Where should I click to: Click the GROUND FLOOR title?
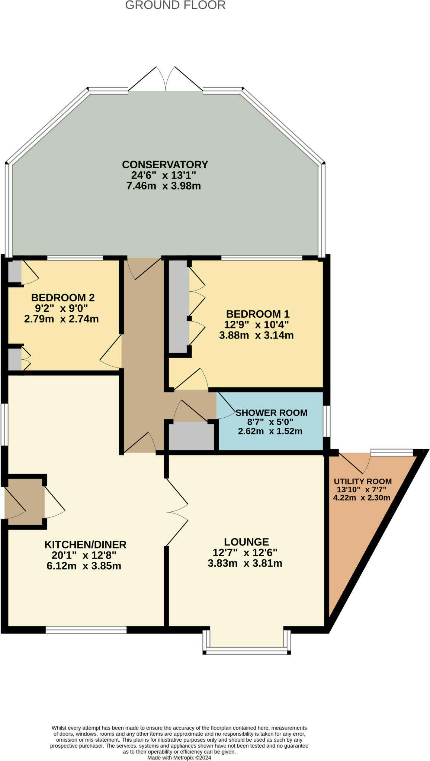tap(175, 5)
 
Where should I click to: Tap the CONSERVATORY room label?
tap(165, 164)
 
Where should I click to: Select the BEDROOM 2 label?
tap(63, 297)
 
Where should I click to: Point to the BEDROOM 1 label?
tap(258, 314)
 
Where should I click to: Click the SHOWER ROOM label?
tap(272, 412)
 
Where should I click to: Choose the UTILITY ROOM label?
tap(363, 481)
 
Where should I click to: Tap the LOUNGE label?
tap(246, 542)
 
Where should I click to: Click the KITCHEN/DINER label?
tap(86, 544)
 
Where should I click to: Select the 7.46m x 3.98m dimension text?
tap(164, 186)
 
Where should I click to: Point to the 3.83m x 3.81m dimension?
tap(245, 563)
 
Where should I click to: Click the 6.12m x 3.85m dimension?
tap(84, 566)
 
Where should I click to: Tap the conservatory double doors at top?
tap(166, 79)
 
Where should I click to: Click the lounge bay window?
tap(247, 640)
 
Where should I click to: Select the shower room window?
tap(326, 421)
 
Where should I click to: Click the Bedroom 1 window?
tap(261, 258)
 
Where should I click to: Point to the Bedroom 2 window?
tap(75, 258)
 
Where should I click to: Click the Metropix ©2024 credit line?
tap(179, 757)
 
